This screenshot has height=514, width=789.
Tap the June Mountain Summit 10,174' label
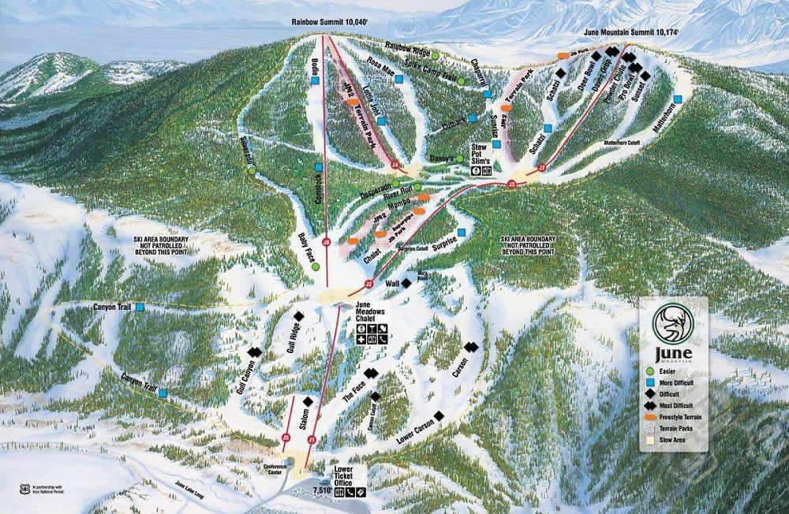[x=632, y=32]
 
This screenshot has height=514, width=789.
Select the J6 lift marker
[x=326, y=242]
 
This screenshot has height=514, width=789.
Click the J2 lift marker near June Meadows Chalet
[x=368, y=283]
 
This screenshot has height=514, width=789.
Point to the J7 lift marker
[x=541, y=167]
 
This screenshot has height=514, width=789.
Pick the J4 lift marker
[x=394, y=165]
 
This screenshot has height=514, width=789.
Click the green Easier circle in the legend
[x=649, y=370]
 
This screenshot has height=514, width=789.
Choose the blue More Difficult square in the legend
[x=649, y=382]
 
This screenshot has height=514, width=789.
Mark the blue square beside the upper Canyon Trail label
[x=140, y=307]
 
